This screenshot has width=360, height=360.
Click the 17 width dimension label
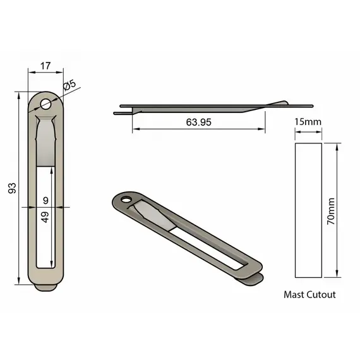click(x=45, y=66)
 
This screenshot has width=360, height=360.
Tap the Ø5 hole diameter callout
click(x=69, y=85)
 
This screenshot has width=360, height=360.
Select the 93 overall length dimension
click(x=12, y=188)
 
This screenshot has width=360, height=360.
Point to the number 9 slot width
click(x=45, y=200)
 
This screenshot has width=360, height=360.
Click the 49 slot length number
click(x=45, y=217)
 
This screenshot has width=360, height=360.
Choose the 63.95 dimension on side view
click(x=198, y=122)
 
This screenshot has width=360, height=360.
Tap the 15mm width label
click(x=308, y=122)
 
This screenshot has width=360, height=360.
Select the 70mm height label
click(x=331, y=211)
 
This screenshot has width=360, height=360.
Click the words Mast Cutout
click(x=309, y=294)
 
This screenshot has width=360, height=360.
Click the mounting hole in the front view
click(x=45, y=104)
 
